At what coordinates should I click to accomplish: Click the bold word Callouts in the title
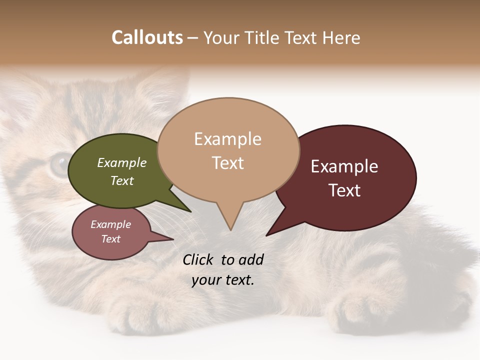coord(147,37)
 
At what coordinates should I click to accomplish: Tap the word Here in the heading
coord(340,37)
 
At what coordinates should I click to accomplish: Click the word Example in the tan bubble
coord(227,138)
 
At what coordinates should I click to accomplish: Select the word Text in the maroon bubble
coord(344,190)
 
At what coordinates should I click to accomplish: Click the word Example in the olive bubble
coord(121,163)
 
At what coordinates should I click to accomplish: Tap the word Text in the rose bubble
coord(110,239)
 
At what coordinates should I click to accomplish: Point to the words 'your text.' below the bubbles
coord(223,279)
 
